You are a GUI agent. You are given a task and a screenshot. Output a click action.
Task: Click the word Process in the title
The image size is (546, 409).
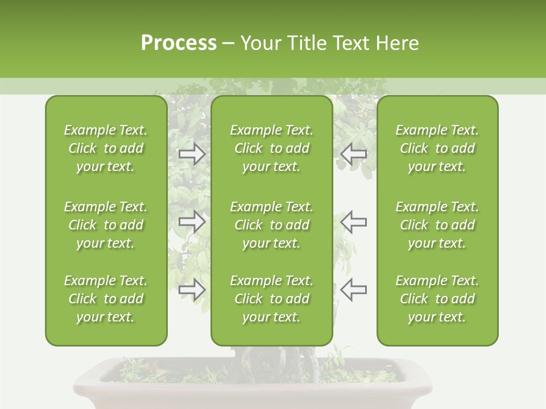pos(179,43)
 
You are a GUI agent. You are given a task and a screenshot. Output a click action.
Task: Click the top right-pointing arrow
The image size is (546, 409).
pos(192,153)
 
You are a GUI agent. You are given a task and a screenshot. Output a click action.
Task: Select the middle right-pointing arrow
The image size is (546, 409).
pos(192,222)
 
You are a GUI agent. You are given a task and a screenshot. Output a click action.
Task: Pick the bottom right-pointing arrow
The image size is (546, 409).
pos(192,290)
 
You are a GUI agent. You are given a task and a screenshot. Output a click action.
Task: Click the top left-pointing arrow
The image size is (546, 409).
pos(353,153)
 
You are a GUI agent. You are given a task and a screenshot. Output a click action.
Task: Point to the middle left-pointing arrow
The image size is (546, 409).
pos(353,222)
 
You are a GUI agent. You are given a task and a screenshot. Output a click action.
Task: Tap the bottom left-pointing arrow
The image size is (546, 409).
pos(353,290)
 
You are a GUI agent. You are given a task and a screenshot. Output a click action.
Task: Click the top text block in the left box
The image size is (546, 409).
pos(106,148)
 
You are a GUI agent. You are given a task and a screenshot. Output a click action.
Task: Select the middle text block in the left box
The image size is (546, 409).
pos(106,225)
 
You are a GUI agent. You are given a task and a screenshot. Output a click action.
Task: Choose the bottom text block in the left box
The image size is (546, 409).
pos(106,299)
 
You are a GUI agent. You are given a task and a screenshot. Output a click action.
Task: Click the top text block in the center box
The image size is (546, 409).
pos(271,148)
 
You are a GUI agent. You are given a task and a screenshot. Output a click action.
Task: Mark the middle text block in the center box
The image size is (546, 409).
pos(271,225)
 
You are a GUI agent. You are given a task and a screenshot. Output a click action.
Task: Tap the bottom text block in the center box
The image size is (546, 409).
pos(271,299)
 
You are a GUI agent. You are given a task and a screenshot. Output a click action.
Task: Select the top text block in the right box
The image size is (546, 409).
pos(437,148)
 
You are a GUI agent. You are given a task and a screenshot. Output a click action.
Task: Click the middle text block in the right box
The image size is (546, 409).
pos(437,225)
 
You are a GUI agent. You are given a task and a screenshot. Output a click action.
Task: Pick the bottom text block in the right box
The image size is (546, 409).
pos(437,299)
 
